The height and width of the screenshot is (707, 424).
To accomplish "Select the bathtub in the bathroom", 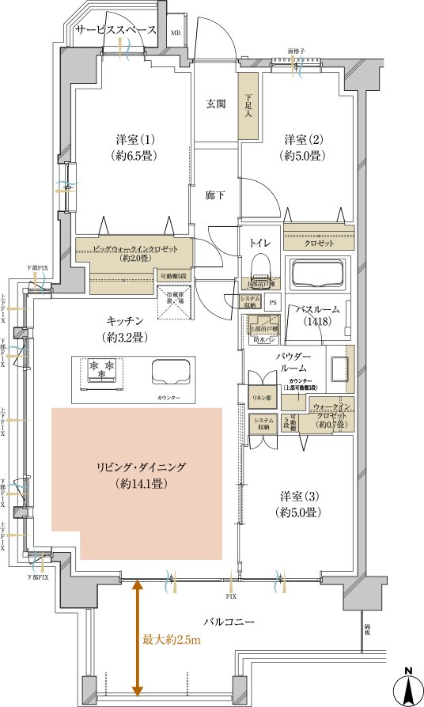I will [322, 275].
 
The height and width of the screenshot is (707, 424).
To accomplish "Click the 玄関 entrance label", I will [218, 104].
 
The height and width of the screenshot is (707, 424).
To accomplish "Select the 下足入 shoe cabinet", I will [248, 106].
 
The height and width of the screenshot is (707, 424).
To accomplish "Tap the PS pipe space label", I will [273, 302].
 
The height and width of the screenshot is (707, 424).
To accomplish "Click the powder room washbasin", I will [339, 369].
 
